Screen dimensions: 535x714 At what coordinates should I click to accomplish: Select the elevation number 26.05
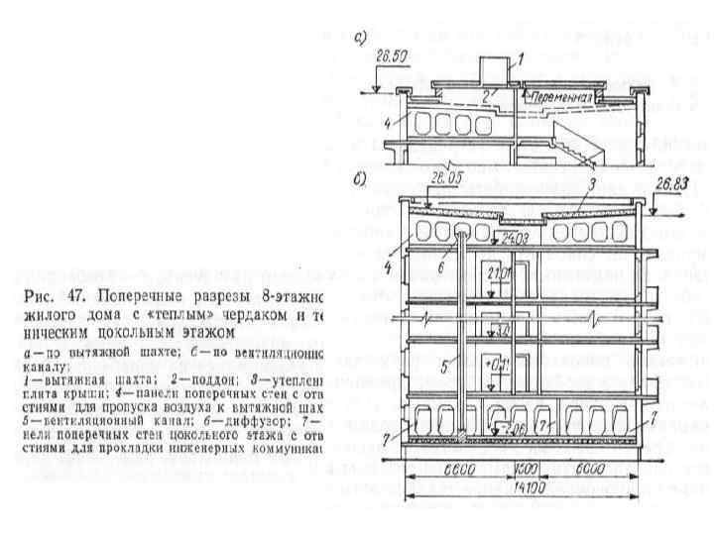tap(445, 178)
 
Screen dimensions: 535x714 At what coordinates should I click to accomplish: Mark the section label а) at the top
tap(362, 40)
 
